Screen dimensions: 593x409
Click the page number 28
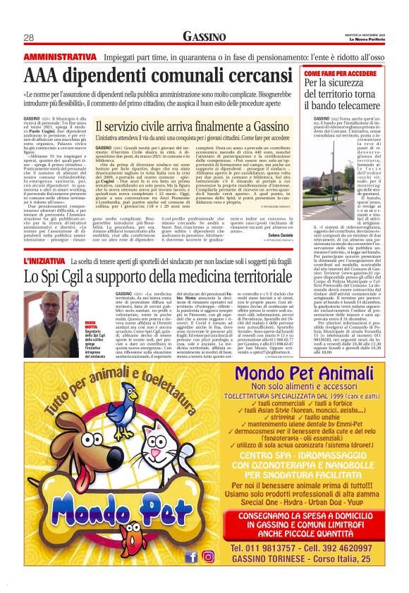coord(29,37)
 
